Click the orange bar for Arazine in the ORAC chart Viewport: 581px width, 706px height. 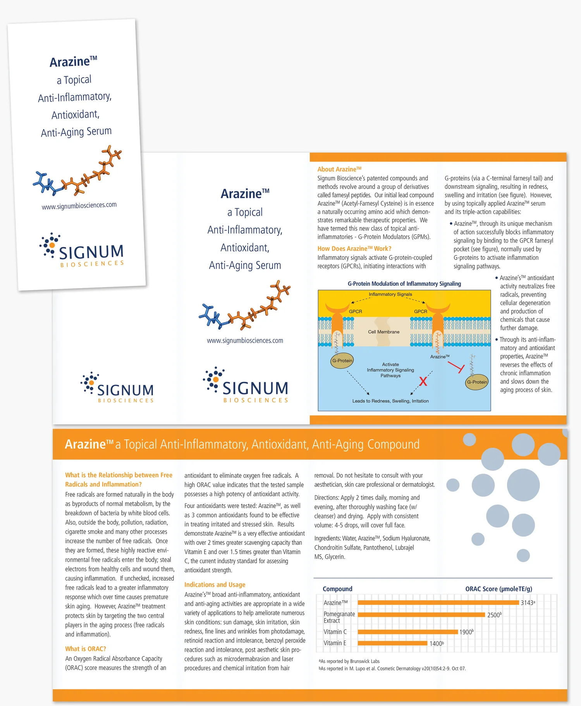point(438,602)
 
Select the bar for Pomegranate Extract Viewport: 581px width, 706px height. point(421,615)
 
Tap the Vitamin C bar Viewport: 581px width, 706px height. point(407,632)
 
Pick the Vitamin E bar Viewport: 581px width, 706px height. point(392,643)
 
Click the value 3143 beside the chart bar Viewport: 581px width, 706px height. point(527,603)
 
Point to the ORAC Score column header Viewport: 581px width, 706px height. point(498,589)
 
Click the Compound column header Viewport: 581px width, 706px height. point(337,589)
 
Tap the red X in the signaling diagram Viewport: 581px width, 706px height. point(423,381)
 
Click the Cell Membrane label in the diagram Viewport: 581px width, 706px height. point(383,332)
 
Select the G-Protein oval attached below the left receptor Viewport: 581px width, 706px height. point(342,361)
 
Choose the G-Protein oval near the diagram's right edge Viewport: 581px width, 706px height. point(477,382)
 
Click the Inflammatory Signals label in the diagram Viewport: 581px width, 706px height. point(390,294)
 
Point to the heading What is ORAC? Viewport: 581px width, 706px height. point(86,649)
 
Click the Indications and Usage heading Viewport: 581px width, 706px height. point(215,584)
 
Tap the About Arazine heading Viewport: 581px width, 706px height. point(339,169)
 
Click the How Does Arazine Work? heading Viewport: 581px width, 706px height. point(354,249)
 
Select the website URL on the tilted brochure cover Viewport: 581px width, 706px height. point(79,206)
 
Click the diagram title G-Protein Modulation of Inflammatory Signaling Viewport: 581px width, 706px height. point(404,283)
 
